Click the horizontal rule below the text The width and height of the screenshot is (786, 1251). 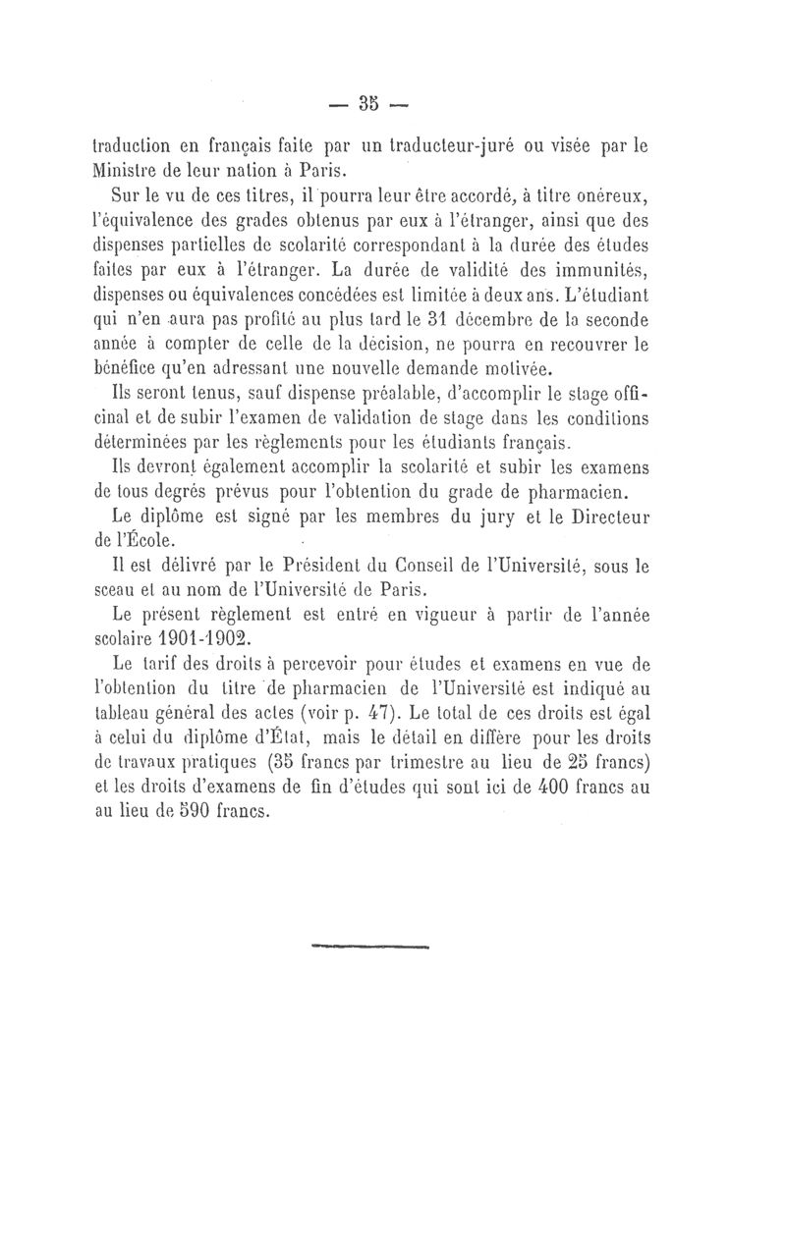[x=370, y=948]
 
